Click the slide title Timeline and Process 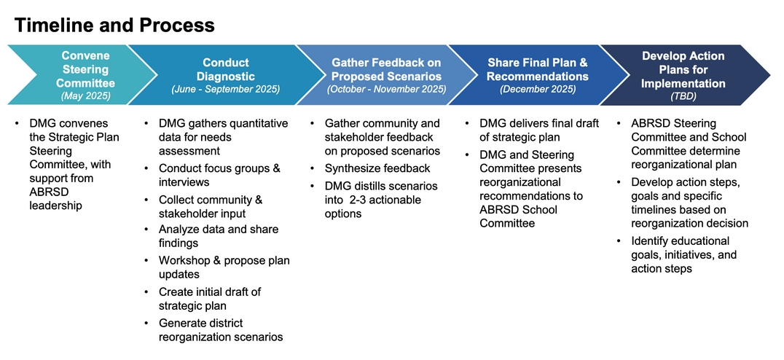[114, 26]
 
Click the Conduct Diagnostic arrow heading [225, 69]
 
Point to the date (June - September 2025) [225, 90]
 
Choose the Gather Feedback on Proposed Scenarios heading [386, 69]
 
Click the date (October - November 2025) [386, 90]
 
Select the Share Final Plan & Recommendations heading [537, 69]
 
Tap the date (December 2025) [537, 90]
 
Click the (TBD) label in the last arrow [683, 96]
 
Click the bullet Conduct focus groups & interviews [219, 175]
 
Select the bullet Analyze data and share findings [218, 236]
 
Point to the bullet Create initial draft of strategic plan [209, 299]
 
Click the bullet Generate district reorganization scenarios [220, 329]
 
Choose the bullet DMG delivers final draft [538, 130]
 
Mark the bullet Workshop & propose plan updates [224, 267]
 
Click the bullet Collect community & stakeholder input [210, 206]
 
